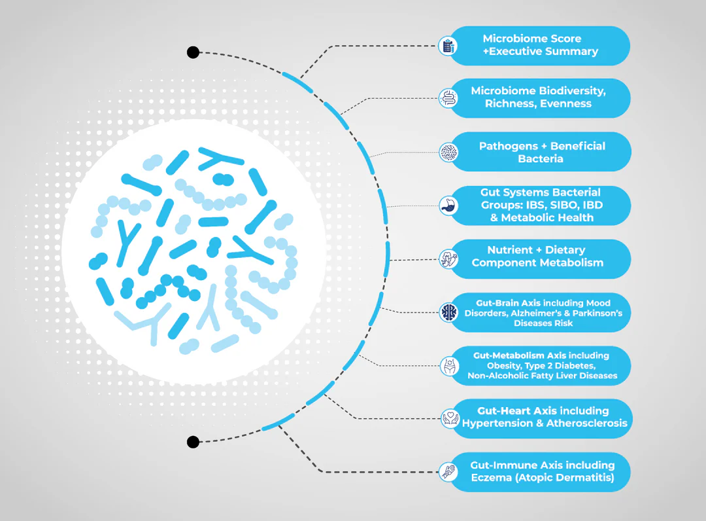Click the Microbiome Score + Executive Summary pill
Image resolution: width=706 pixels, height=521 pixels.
(540, 45)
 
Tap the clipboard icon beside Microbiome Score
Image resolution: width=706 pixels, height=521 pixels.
(448, 46)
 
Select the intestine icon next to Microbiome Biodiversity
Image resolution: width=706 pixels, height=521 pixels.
(448, 98)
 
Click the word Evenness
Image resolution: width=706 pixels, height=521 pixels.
(565, 103)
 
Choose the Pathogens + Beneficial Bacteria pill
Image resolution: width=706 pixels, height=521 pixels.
(541, 152)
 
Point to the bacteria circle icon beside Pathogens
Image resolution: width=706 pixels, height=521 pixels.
(448, 152)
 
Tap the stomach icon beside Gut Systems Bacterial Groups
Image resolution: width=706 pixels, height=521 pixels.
(448, 205)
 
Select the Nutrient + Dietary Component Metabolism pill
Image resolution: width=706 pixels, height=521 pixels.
(537, 257)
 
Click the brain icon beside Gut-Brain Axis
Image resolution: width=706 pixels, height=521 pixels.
(448, 312)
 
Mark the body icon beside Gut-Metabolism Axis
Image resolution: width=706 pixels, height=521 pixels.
(448, 365)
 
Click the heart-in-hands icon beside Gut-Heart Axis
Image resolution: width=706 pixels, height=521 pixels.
(448, 418)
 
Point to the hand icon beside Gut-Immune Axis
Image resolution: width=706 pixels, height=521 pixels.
(448, 471)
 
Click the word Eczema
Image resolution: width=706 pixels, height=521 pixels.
(492, 478)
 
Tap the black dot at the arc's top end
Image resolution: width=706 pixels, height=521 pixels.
(193, 52)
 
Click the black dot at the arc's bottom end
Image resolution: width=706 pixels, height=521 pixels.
(193, 442)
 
